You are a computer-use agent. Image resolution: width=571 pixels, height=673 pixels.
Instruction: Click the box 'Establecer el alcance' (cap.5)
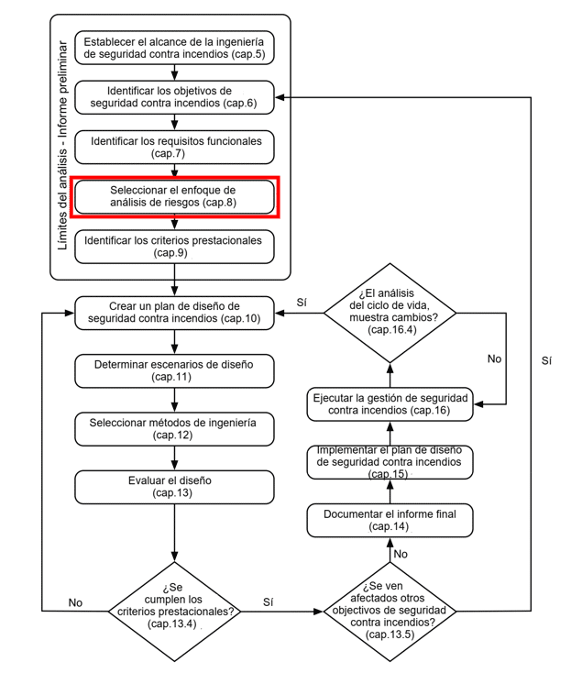click(174, 48)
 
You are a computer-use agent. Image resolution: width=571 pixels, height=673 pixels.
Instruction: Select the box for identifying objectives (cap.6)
click(174, 97)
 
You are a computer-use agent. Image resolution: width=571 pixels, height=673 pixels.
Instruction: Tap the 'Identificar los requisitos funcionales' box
click(174, 148)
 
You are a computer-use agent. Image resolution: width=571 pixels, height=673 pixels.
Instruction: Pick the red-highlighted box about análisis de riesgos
click(174, 196)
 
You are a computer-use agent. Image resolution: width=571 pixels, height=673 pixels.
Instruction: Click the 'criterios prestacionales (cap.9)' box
click(174, 247)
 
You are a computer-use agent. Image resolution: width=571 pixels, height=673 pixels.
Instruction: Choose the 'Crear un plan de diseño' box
click(174, 313)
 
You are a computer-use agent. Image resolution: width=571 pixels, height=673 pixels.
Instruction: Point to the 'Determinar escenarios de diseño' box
click(174, 370)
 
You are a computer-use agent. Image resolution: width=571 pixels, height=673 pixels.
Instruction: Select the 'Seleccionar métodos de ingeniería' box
click(174, 429)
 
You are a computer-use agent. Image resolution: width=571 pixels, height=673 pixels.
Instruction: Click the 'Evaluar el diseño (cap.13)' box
click(174, 487)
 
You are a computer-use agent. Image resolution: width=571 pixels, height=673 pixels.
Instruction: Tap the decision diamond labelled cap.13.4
click(174, 612)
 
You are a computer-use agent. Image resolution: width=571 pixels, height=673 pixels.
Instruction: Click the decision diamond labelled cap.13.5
click(390, 612)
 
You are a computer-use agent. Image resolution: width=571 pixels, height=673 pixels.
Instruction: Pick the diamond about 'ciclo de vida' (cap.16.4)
click(390, 313)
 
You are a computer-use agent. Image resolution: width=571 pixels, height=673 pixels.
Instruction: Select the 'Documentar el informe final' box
click(390, 521)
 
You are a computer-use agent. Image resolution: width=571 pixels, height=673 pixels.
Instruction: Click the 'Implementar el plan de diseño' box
click(390, 462)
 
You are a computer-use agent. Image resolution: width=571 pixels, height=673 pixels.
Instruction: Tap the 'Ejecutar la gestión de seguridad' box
click(390, 404)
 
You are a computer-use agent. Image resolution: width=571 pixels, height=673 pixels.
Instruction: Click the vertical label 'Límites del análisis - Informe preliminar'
click(63, 145)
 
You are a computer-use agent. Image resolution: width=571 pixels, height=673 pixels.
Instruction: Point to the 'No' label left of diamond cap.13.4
click(75, 602)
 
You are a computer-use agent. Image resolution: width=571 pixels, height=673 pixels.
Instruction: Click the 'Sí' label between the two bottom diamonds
click(269, 602)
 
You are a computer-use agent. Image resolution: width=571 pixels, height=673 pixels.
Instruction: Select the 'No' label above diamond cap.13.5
click(401, 554)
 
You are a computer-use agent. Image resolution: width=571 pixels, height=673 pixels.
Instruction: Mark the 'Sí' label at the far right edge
click(546, 361)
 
